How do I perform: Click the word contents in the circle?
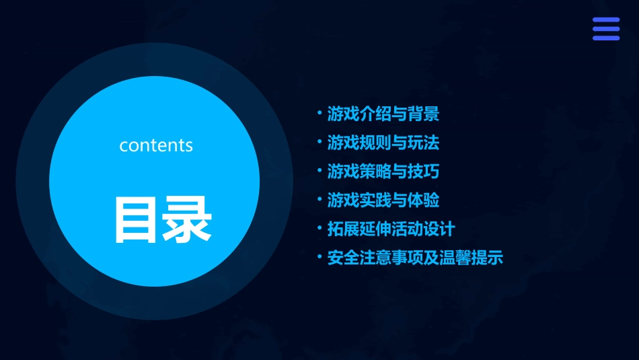click(156, 145)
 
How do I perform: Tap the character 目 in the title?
click(135, 219)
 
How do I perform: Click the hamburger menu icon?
click(605, 29)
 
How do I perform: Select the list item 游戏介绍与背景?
click(383, 114)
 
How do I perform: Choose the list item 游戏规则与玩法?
click(383, 143)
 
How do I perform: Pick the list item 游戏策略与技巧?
click(383, 172)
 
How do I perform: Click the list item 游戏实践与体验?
click(383, 201)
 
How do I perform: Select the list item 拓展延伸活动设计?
click(391, 229)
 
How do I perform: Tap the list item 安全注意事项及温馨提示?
click(414, 258)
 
